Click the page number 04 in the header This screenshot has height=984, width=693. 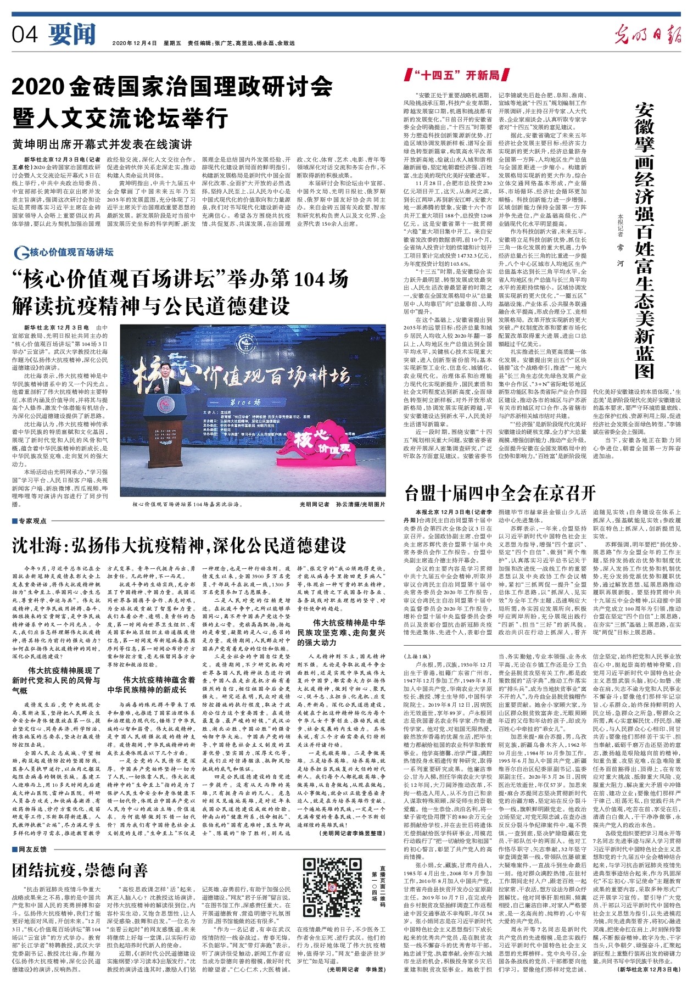coord(25,35)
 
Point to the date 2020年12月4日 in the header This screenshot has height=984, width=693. coord(135,43)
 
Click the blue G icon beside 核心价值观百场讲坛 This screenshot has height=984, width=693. coord(22,253)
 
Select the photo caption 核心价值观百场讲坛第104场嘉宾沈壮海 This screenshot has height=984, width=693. coord(187,503)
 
